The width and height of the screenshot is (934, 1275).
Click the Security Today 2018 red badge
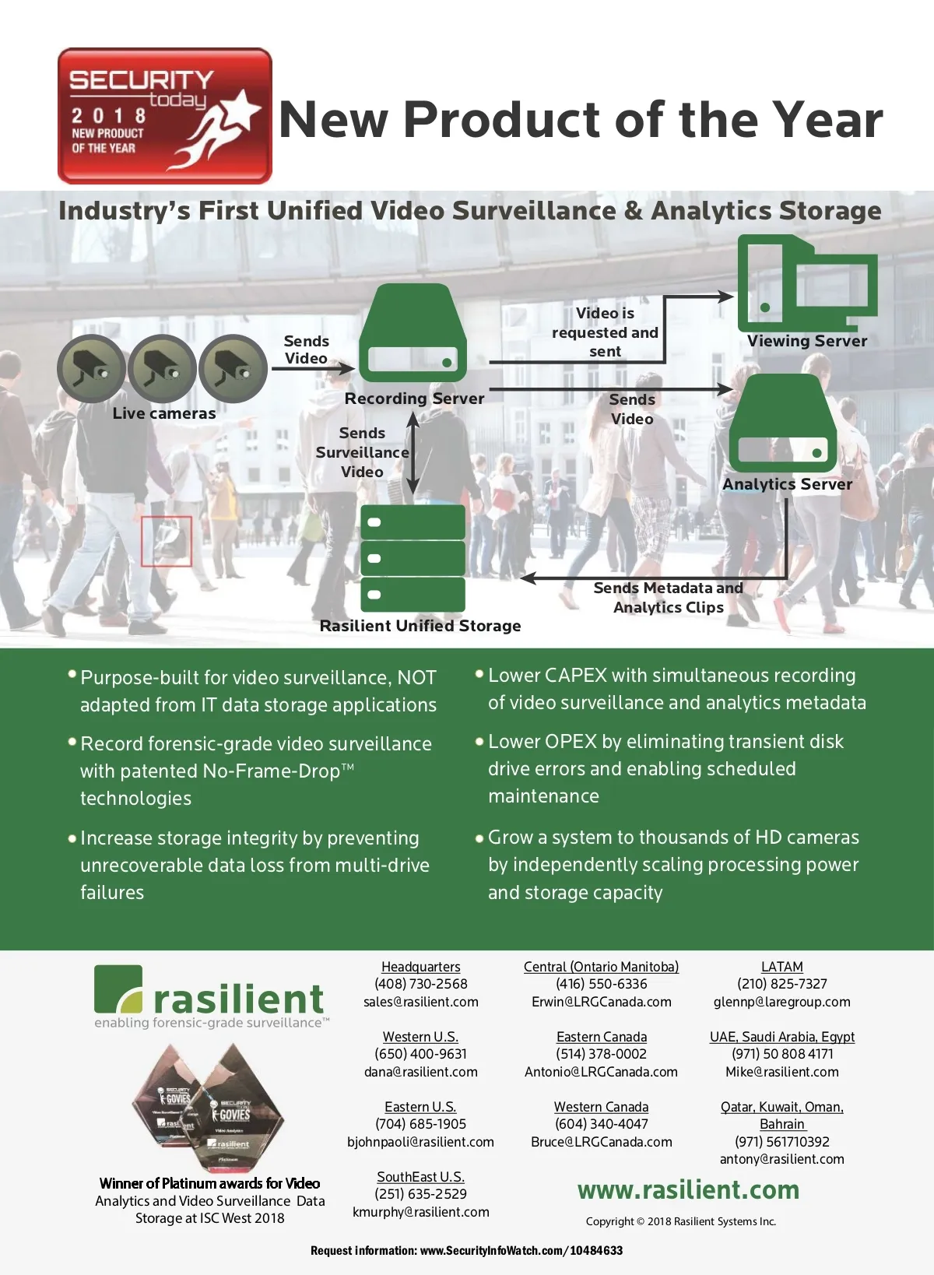[164, 115]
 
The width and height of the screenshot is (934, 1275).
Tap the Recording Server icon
[413, 333]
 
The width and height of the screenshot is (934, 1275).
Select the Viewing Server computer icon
[807, 283]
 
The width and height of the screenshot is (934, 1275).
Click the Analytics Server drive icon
[782, 423]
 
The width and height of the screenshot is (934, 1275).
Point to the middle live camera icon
[162, 369]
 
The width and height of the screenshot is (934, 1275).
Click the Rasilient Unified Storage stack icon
[413, 558]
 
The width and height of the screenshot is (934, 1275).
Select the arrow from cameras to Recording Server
[313, 369]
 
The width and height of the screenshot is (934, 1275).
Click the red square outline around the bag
[167, 541]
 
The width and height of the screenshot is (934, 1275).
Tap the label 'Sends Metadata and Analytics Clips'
[669, 597]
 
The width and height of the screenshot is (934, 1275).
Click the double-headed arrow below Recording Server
[413, 453]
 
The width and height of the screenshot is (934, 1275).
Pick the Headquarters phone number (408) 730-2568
[420, 984]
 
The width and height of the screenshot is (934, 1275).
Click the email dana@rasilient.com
[420, 1072]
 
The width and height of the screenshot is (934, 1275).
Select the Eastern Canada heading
[602, 1037]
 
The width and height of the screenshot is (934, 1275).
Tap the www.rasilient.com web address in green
[688, 1189]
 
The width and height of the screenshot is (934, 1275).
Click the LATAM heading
[782, 967]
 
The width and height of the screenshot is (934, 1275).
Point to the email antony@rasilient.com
[782, 1159]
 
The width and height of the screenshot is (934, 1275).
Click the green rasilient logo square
[118, 989]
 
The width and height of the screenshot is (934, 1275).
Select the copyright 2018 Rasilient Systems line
[681, 1221]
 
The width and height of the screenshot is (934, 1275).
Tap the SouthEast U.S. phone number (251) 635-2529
[420, 1194]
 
